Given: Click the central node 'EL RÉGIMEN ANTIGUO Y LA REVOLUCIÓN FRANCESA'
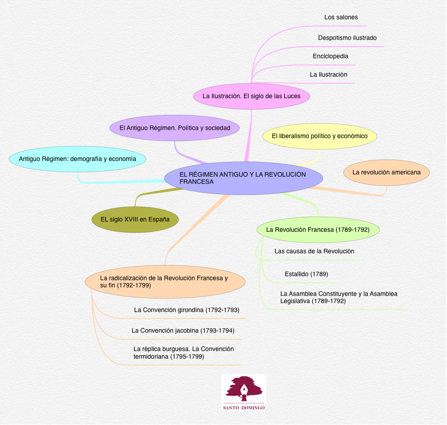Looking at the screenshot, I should [243, 178].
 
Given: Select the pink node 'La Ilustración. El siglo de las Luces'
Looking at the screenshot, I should [251, 96].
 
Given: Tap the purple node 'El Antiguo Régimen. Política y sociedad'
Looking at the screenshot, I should [175, 128].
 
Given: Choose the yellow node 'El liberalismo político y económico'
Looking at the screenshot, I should [319, 136].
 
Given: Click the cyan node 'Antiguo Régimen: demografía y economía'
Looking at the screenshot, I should [77, 159].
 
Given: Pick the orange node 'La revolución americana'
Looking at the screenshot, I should [386, 172].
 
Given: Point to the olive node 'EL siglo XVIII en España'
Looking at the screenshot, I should [135, 220].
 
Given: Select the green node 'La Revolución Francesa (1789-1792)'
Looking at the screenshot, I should [318, 230].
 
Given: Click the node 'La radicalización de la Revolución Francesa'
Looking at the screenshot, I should [165, 282].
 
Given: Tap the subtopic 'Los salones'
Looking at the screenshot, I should [341, 17].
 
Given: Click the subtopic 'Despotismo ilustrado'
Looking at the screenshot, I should [347, 38].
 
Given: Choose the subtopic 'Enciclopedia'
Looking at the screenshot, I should [331, 56].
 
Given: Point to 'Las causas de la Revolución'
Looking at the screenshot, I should [314, 252].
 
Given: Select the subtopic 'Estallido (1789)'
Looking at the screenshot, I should [307, 274].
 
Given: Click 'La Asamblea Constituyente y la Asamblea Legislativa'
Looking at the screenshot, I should [339, 297].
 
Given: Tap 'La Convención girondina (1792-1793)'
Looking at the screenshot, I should [186, 310].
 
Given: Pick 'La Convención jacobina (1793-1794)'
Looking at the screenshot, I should [183, 331].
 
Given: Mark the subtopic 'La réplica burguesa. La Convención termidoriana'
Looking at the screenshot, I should [184, 353].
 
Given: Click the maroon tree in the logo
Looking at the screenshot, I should [243, 389].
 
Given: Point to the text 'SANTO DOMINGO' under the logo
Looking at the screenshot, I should [244, 408].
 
